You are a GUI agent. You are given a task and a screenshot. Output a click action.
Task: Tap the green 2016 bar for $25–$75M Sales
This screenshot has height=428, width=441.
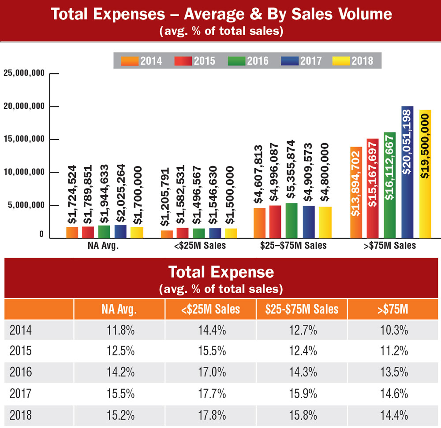coord(292,220)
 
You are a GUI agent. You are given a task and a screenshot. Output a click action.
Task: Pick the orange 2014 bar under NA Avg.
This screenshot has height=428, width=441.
coord(72,232)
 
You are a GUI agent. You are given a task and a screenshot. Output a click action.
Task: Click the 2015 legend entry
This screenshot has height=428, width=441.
coord(196,61)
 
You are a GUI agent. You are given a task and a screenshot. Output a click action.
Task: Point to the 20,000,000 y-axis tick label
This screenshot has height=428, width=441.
coord(24,106)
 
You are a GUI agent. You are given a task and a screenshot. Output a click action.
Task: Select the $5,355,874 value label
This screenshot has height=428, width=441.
coord(292,172)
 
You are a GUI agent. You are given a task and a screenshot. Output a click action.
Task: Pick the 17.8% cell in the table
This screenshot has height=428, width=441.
coord(210,415)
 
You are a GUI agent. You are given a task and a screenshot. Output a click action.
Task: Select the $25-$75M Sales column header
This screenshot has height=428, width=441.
coord(302,309)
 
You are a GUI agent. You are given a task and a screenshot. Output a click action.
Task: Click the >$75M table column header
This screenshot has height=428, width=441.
coord(393,309)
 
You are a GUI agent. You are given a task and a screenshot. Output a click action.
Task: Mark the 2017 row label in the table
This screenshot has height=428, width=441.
coord(21,394)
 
